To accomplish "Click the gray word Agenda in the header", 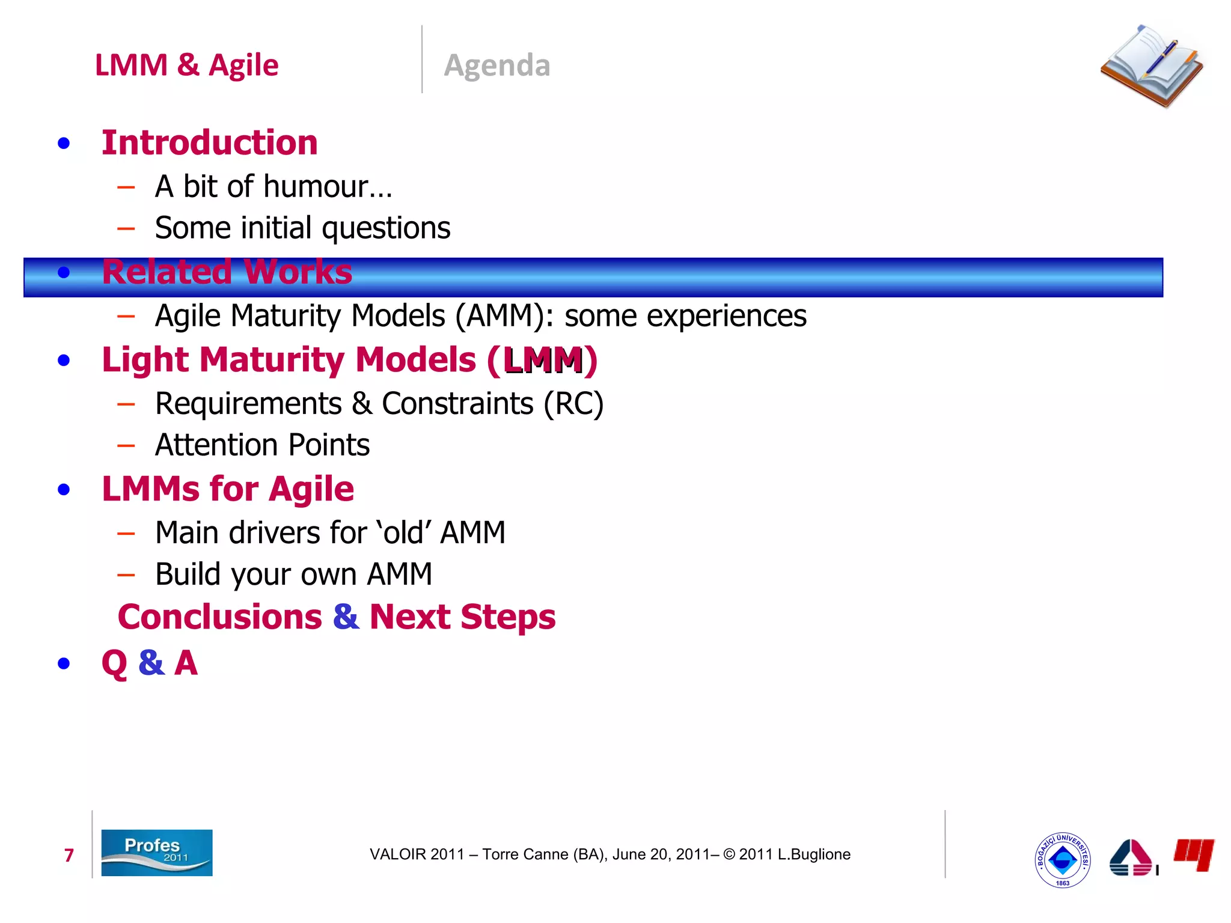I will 496,65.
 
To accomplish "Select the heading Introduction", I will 209,143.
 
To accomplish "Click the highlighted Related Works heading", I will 227,272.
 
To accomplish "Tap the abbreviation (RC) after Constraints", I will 573,404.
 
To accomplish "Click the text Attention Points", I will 262,445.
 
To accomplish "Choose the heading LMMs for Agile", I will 228,489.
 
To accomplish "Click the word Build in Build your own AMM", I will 189,574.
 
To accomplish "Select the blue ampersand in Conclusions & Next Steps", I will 346,617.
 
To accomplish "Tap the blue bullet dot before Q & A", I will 64,664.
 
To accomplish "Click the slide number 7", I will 69,855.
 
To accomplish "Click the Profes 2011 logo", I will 156,853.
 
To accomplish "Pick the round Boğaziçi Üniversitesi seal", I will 1062,860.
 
